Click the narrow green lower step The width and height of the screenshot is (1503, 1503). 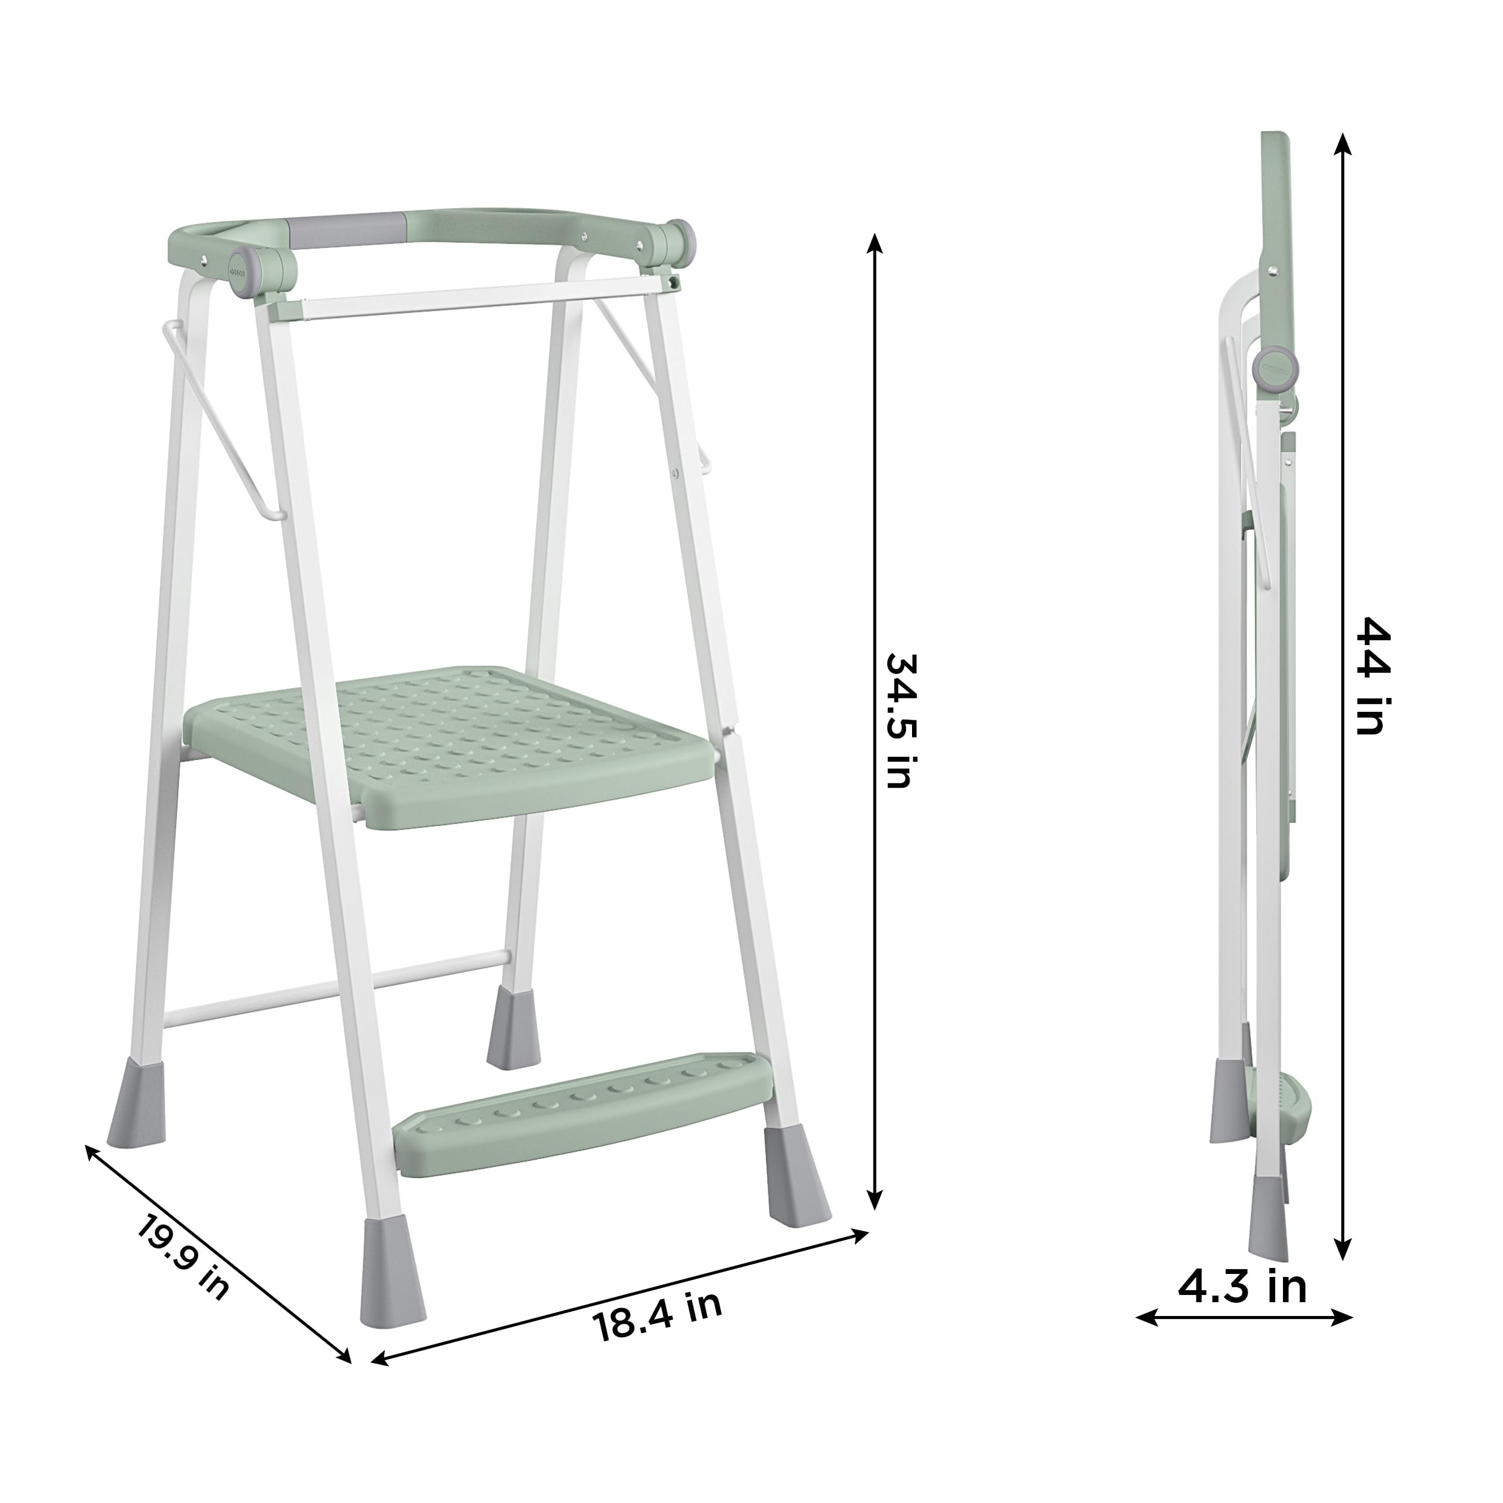pyautogui.click(x=583, y=1112)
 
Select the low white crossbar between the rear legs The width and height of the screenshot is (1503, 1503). pyautogui.click(x=334, y=987)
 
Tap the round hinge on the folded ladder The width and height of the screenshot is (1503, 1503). pyautogui.click(x=1276, y=367)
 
